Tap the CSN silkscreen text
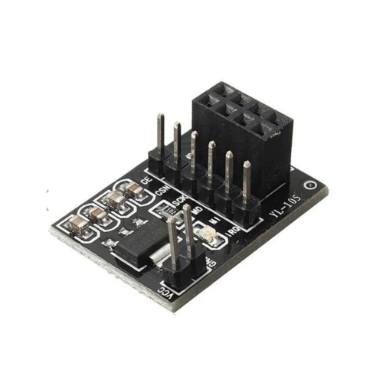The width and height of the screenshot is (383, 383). tap(162, 189)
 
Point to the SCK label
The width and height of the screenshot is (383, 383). tap(178, 201)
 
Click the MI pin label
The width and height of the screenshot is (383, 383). tap(216, 218)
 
